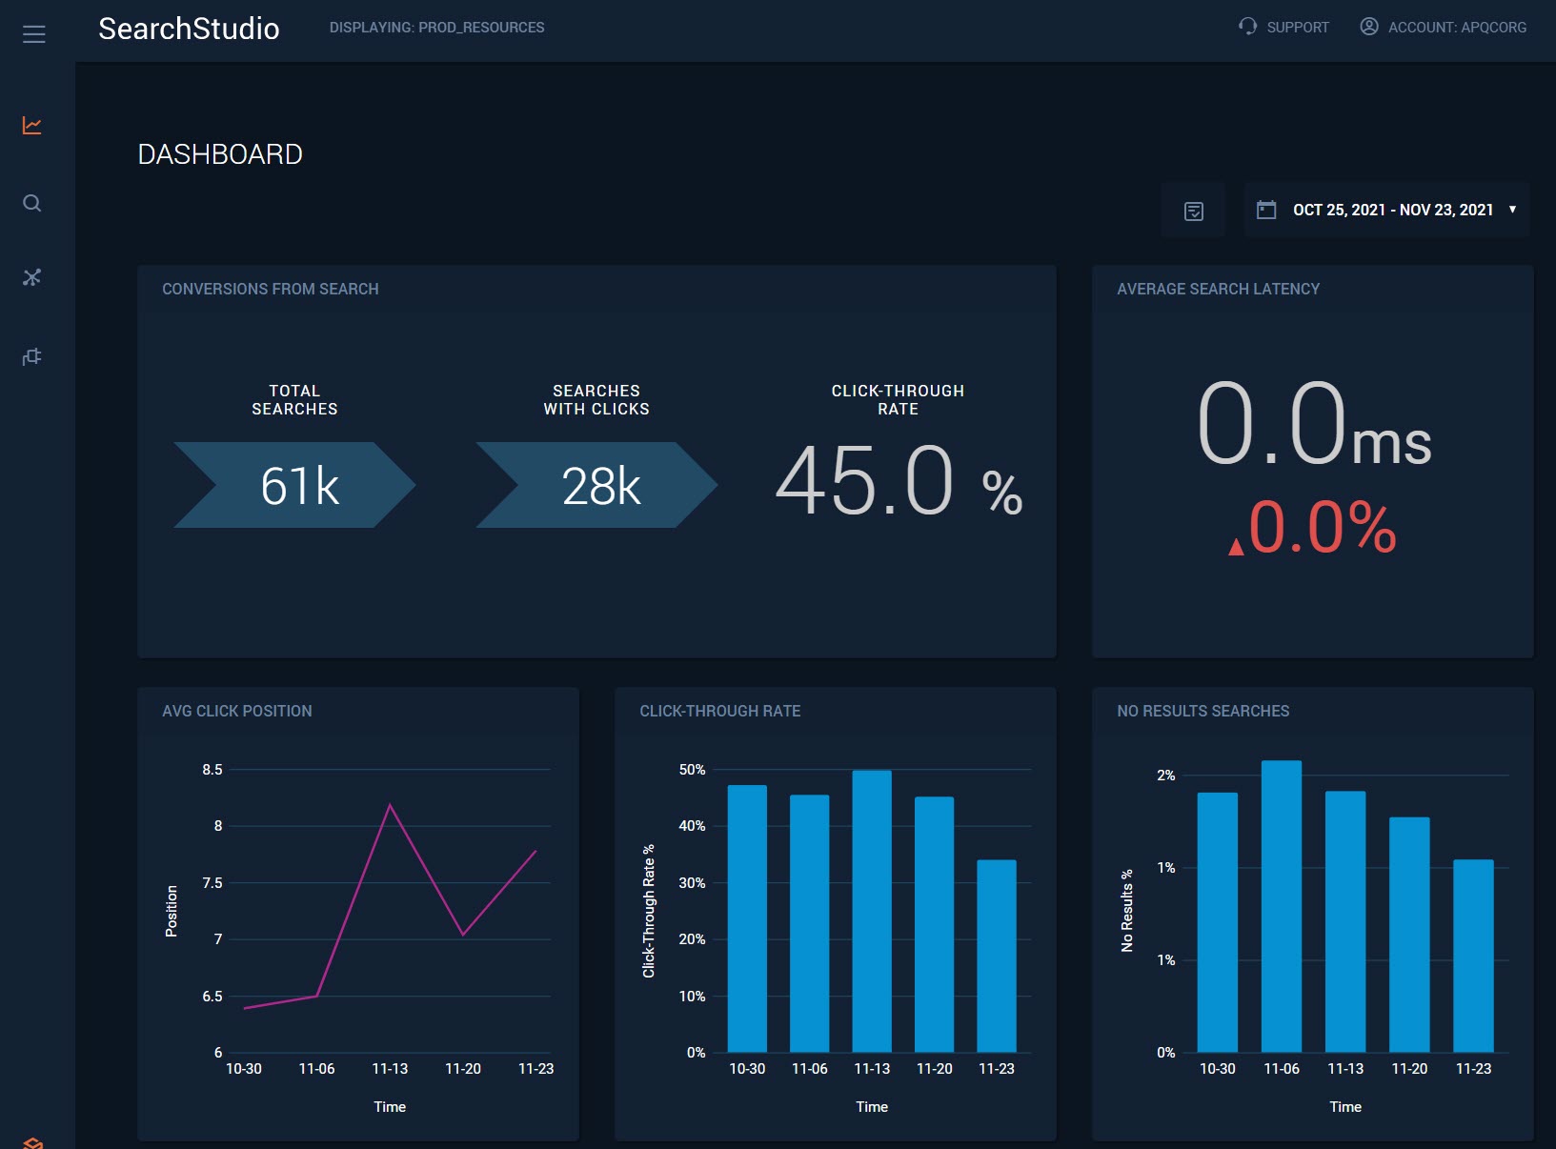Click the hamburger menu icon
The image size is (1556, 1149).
(x=33, y=34)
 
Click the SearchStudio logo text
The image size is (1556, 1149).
(x=189, y=29)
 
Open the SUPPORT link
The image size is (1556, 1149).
(x=1283, y=27)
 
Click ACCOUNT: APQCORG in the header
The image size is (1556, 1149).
(x=1443, y=27)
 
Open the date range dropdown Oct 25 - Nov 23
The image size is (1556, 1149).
(x=1388, y=210)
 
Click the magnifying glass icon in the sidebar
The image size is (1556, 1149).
(x=32, y=203)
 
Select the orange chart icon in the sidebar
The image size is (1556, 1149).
(x=32, y=126)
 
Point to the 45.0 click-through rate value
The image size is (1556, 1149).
(x=865, y=481)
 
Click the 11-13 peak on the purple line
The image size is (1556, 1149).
(x=390, y=806)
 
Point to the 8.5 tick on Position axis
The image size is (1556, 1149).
(x=212, y=770)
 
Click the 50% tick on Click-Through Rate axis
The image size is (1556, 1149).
(x=692, y=770)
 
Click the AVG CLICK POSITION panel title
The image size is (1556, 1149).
(x=237, y=711)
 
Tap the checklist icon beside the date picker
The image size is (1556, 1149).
(x=1193, y=211)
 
